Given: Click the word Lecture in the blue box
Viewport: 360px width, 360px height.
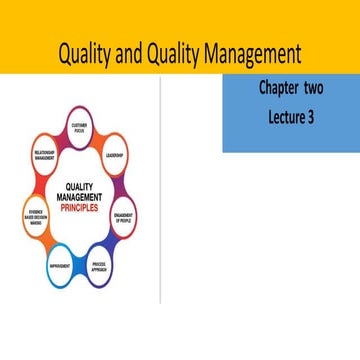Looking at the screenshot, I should (284, 116).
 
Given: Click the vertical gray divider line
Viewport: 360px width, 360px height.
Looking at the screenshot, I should (160, 200).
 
